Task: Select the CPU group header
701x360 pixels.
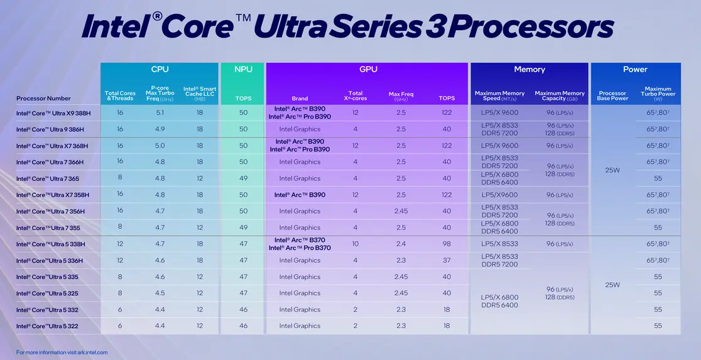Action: point(160,69)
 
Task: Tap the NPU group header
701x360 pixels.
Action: point(243,69)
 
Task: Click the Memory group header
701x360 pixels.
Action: point(529,69)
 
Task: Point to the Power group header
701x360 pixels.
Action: point(635,69)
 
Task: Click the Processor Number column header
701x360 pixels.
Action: point(43,98)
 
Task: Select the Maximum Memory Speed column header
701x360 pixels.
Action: point(499,95)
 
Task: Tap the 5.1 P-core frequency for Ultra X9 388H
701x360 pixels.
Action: point(160,112)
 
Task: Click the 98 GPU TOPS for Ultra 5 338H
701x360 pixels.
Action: point(447,244)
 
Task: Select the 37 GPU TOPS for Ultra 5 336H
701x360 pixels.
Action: point(447,260)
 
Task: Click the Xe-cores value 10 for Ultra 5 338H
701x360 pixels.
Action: point(356,244)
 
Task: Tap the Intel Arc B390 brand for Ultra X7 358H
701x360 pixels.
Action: point(300,195)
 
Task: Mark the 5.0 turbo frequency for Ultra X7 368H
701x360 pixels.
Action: point(160,146)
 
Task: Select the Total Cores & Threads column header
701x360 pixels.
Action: point(120,95)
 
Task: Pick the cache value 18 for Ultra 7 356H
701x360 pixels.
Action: point(200,211)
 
